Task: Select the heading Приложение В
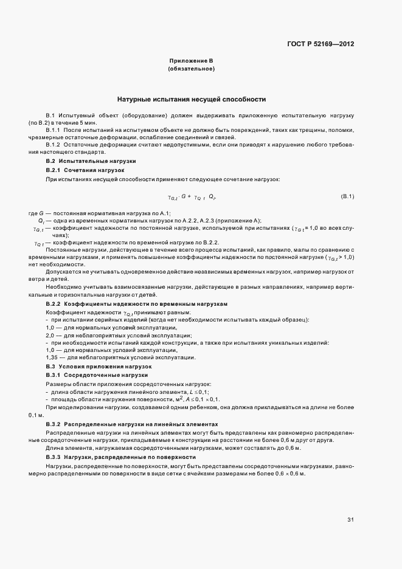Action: [191, 61]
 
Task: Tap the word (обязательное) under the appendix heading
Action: [191, 69]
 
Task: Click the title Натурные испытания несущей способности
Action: [191, 99]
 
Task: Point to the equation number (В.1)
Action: [347, 196]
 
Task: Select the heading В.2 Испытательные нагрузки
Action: [91, 160]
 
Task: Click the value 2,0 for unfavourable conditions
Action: [50, 335]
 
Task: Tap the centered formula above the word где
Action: [192, 197]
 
